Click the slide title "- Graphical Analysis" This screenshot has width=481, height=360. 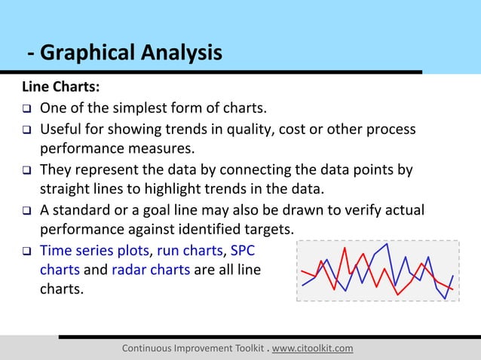pyautogui.click(x=125, y=53)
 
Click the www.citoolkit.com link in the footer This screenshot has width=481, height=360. pyautogui.click(x=312, y=348)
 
